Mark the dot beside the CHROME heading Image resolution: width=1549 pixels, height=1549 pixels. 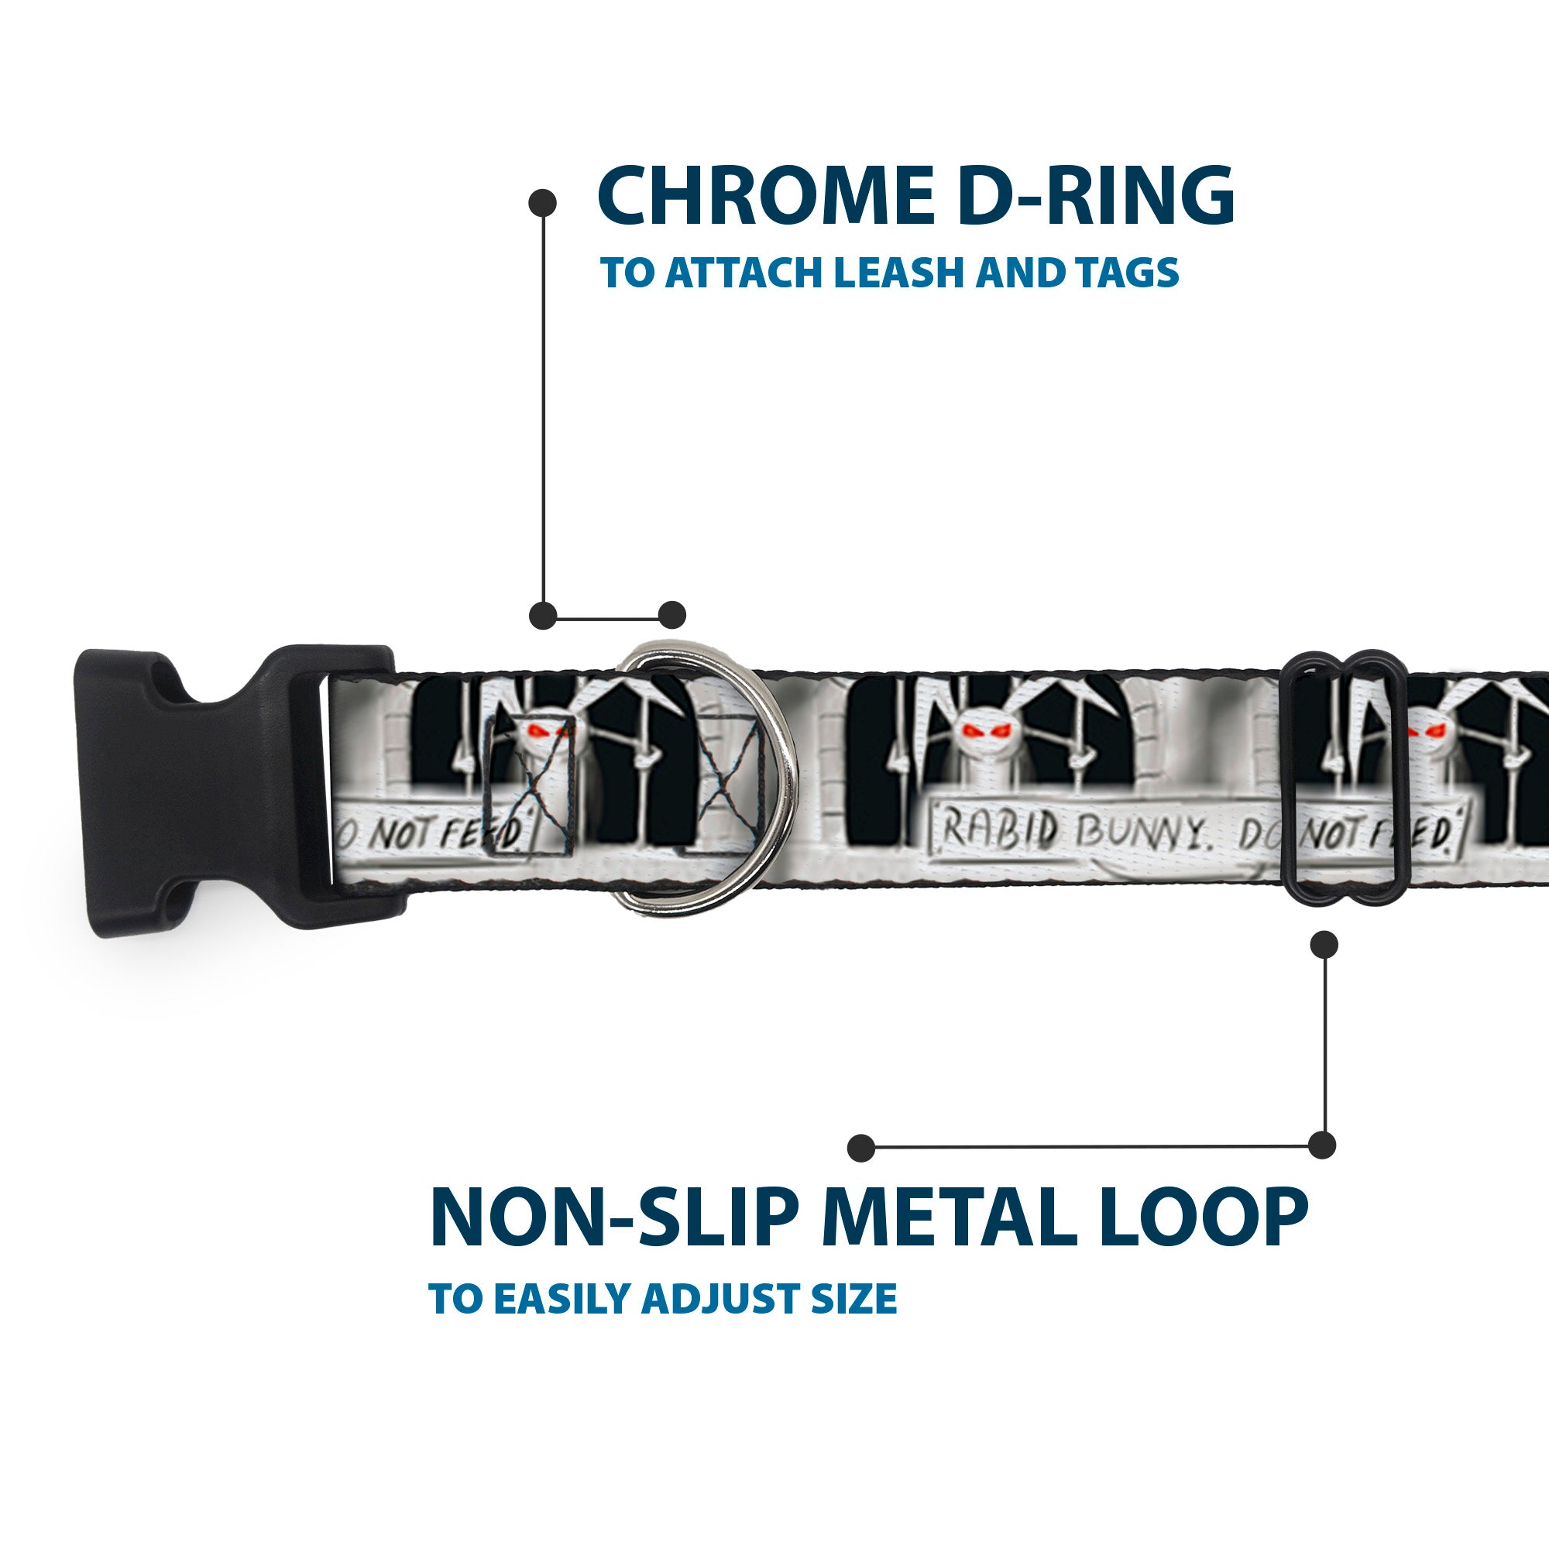[543, 203]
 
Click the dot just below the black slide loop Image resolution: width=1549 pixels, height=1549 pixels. [1324, 944]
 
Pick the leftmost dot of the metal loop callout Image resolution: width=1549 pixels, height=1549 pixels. [861, 1147]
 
